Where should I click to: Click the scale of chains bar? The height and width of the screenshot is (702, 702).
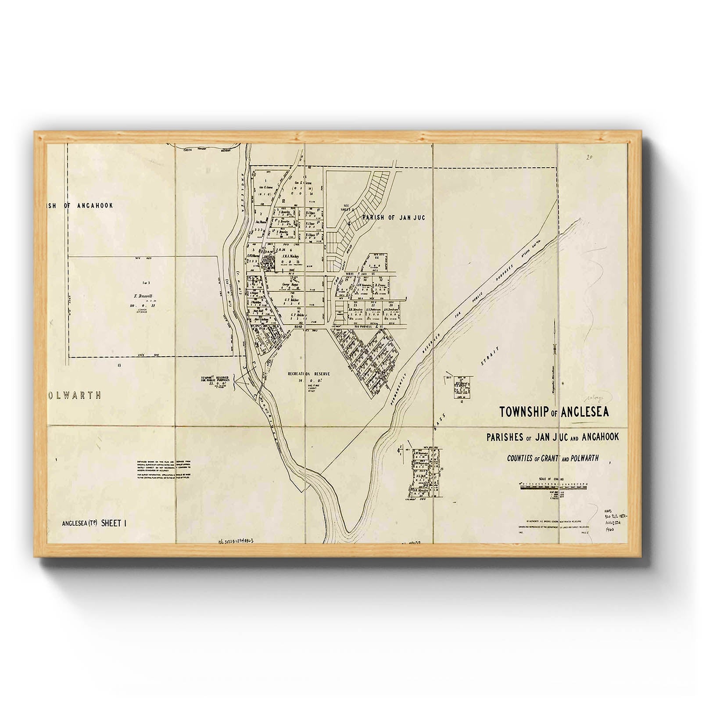coord(552,486)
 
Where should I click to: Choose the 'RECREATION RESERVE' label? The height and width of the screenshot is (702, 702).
coord(308,374)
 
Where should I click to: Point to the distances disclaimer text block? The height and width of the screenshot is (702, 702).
coord(163,469)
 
